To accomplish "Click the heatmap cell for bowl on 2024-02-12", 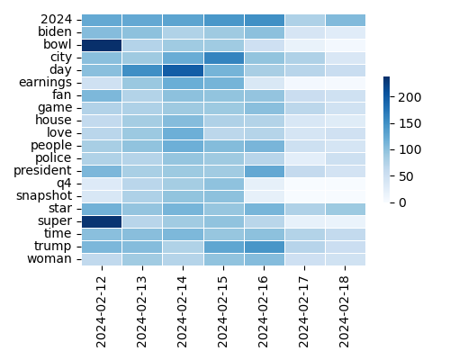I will click(101, 44).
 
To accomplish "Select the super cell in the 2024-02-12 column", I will click(101, 221).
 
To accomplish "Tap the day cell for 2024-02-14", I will click(183, 69).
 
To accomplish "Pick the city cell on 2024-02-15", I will click(223, 57).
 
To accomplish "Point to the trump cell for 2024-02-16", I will click(264, 247).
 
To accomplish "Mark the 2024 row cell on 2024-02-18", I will click(346, 19).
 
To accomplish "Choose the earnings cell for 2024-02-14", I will click(183, 82).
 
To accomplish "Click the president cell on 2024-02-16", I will click(264, 170).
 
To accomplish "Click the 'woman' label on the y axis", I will click(54, 259).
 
